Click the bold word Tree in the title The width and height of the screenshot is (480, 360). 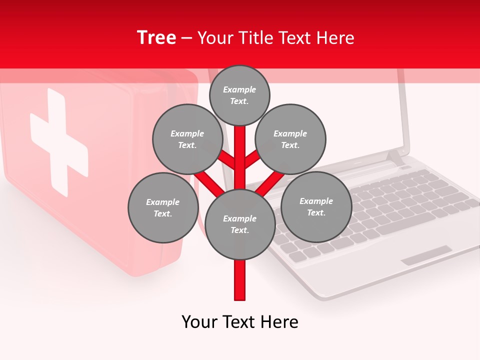coord(156,38)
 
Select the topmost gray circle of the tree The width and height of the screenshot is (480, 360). coord(239,95)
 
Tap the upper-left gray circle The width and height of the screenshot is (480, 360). coord(187,139)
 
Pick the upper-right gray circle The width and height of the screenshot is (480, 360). coord(290,139)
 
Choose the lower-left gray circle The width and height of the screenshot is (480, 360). coord(163,207)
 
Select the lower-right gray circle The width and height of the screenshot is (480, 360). coord(316,206)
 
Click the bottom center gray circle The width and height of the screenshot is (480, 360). coord(240,224)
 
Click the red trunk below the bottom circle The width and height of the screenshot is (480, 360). coord(240,280)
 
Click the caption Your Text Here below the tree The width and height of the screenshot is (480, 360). coord(240,322)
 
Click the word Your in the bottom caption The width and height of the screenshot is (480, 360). coord(200,322)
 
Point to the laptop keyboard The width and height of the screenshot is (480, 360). coord(380,210)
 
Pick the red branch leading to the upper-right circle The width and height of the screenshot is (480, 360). coord(252,159)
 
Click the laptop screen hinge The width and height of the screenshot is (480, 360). coord(395,157)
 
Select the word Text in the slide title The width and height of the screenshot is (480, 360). coord(297,38)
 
